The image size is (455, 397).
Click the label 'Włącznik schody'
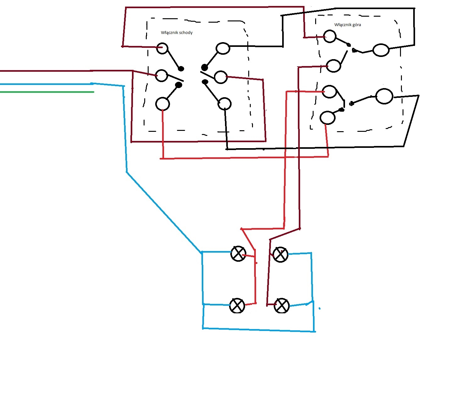click(177, 32)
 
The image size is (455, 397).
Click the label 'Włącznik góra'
click(348, 25)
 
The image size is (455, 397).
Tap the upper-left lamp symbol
click(238, 254)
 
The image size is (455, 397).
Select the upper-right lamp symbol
click(280, 254)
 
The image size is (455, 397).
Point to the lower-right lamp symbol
click(282, 306)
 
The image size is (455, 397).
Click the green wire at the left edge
click(47, 92)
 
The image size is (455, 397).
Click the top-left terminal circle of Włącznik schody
click(162, 48)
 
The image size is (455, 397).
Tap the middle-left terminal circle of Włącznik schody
click(161, 75)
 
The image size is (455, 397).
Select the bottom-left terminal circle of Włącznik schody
click(162, 104)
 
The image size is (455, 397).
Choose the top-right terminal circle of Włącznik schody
click(222, 48)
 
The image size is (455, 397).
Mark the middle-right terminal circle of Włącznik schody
click(221, 77)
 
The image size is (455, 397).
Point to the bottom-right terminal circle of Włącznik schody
click(224, 104)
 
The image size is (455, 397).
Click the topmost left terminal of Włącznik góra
click(330, 36)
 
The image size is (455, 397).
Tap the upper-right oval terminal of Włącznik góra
click(381, 50)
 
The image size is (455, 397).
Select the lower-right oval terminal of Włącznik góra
click(384, 96)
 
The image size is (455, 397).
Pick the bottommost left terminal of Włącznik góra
click(327, 118)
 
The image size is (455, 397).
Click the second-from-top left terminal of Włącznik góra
click(333, 66)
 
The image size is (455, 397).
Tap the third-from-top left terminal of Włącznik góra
click(329, 92)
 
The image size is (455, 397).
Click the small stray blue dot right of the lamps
click(320, 309)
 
